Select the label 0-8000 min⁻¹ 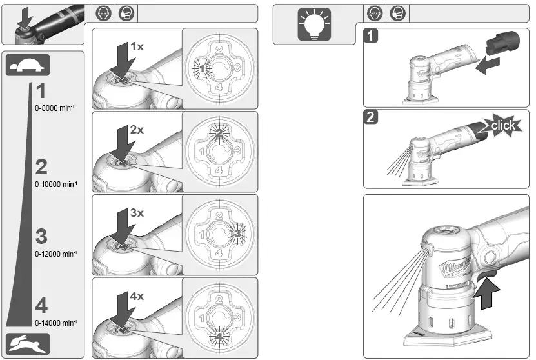click(x=55, y=109)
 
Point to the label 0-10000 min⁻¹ click(x=56, y=184)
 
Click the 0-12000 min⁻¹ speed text click(x=56, y=254)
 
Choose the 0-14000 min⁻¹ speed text click(x=56, y=323)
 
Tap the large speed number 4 click(x=41, y=305)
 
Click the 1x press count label click(x=137, y=46)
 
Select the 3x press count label click(x=137, y=212)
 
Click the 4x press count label click(x=137, y=295)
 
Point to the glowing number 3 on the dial click(x=237, y=232)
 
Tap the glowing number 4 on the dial click(x=219, y=336)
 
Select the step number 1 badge click(x=370, y=36)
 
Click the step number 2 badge click(x=370, y=118)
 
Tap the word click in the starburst click(x=502, y=125)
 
